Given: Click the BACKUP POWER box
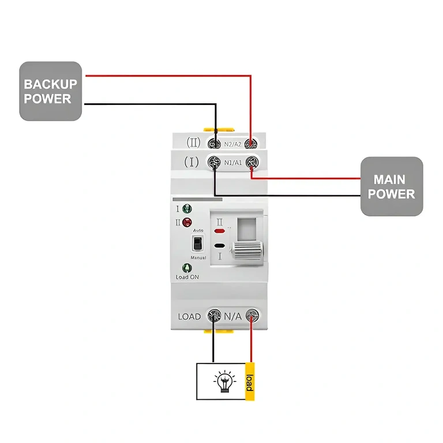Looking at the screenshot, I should coord(50,91).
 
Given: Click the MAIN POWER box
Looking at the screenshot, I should coord(392,186).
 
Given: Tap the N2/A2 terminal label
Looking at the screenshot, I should coord(233,143).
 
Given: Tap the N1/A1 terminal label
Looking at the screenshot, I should coord(233,163).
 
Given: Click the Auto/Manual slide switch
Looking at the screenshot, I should coord(197,243).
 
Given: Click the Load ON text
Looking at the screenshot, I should coord(187,277).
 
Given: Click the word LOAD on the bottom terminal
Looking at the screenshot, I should coord(189,316).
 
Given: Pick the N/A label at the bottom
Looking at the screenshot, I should coord(233,316).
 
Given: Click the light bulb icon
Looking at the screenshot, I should coord(225,381).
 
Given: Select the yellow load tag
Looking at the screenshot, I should coord(249,381).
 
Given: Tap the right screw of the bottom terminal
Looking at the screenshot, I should coord(252,316).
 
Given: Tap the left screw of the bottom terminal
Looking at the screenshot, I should coord(214,316).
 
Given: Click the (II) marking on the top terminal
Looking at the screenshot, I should coord(193,142).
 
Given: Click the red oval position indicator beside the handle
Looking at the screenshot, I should coord(219,231).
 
